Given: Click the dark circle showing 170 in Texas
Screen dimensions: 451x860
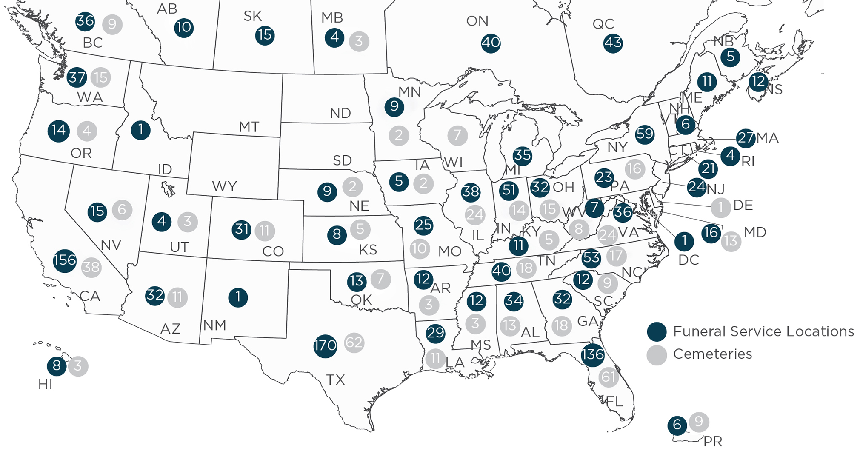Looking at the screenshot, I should [325, 345].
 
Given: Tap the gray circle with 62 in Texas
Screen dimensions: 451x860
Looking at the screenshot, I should [354, 343].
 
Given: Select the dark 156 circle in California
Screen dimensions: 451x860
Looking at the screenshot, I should [65, 260].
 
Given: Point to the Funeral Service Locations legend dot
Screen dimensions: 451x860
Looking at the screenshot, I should [657, 332].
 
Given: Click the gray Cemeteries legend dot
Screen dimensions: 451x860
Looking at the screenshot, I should [657, 354].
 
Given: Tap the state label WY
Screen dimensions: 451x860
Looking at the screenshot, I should [224, 186].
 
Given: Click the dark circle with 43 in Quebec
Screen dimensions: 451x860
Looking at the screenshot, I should [613, 43].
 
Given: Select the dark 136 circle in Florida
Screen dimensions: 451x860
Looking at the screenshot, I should [592, 354].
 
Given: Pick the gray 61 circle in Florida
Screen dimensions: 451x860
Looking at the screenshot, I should [608, 377].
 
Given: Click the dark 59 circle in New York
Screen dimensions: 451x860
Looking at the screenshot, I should [644, 134].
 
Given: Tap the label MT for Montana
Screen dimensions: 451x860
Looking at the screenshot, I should [249, 127].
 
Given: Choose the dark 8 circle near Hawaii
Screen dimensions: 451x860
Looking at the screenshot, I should [57, 366].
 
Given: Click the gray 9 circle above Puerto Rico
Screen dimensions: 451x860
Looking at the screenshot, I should [699, 422].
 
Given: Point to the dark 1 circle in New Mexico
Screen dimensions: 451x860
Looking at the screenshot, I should [238, 297].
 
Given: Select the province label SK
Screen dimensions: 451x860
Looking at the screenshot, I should [252, 16].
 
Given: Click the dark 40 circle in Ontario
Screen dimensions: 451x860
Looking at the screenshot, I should [491, 43].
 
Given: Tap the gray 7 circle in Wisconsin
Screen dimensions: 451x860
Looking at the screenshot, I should [457, 136].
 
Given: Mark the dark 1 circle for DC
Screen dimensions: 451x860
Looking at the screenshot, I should [684, 241].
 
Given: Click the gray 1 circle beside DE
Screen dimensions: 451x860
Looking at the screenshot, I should [720, 208].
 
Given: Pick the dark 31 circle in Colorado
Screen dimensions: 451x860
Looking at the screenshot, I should [242, 230].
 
